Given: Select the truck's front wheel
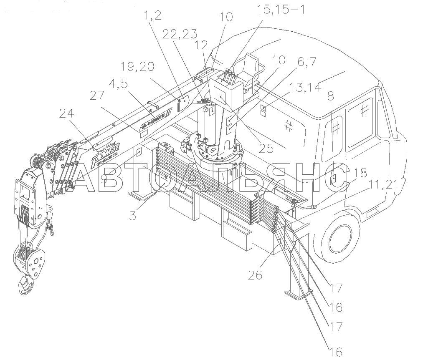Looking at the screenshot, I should coord(341,239).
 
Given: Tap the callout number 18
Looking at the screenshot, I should coord(361,172).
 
